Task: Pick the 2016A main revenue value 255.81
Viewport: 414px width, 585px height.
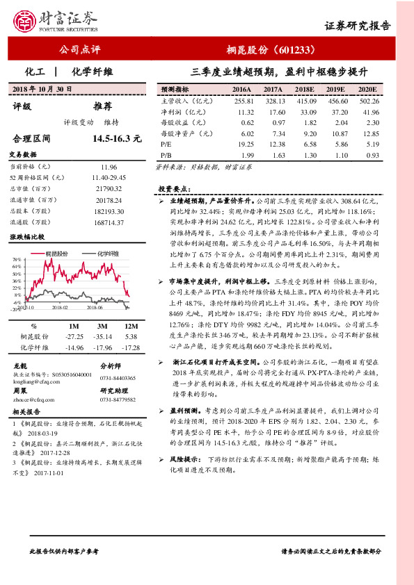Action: click(243, 101)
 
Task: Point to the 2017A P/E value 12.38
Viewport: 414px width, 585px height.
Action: click(273, 143)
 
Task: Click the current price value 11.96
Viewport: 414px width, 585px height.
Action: click(109, 167)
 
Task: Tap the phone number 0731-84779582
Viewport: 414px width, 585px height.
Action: click(119, 399)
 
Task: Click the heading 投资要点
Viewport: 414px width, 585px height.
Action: click(175, 189)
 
